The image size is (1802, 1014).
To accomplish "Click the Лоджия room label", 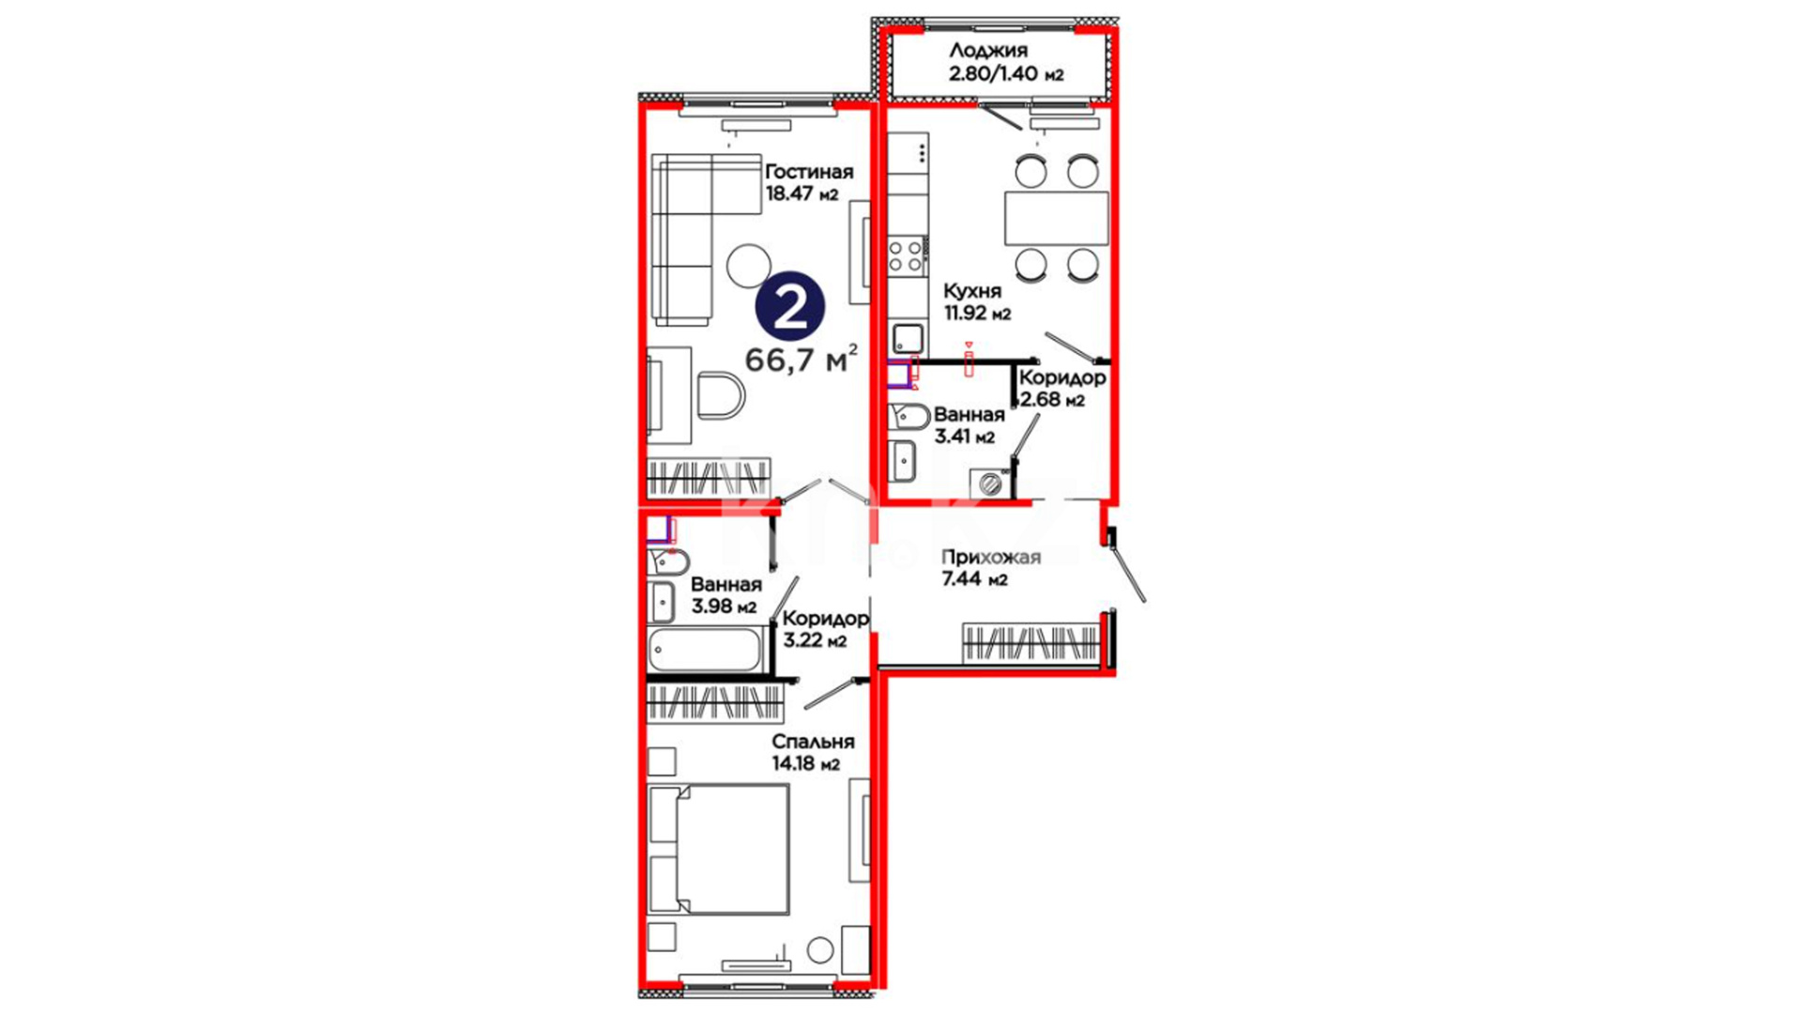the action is click(987, 51).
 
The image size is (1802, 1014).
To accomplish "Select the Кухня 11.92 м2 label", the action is click(977, 302).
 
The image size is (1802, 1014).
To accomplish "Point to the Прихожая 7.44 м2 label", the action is click(991, 568).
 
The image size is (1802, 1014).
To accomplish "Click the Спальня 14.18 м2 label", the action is click(813, 752).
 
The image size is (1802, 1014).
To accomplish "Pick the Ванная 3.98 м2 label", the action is click(725, 595).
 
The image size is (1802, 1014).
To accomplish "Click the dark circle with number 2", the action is click(790, 307).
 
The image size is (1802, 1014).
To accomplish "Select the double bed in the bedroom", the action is click(719, 849).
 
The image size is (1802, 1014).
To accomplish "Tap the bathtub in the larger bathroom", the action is click(705, 650).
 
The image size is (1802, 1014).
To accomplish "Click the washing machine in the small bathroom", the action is click(991, 483).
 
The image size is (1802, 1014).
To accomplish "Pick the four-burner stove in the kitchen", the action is click(908, 256).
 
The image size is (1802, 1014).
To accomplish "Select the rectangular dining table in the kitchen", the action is click(1057, 218).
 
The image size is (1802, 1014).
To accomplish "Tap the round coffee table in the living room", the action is click(749, 267).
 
